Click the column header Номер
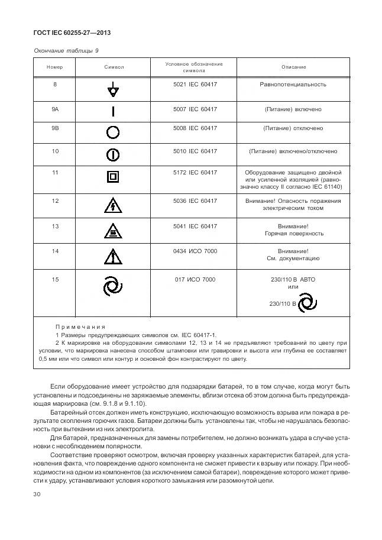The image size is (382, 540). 55,67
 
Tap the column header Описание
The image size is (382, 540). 293,67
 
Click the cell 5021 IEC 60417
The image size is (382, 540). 195,85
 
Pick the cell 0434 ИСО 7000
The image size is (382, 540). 195,251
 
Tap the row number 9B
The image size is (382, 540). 55,128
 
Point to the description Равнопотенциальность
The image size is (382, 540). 293,85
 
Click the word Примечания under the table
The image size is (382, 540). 80,326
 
